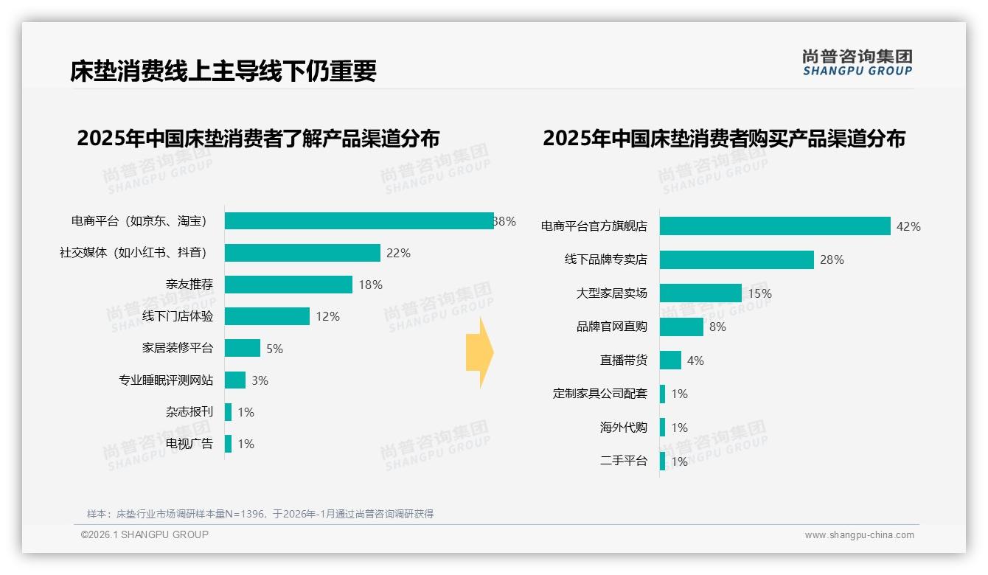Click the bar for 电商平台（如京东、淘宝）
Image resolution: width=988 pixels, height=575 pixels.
coord(359,221)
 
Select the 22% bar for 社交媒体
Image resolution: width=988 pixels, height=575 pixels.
coord(302,253)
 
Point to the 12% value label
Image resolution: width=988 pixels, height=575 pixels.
coord(327,316)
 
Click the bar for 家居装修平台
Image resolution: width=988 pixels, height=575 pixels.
coord(243,348)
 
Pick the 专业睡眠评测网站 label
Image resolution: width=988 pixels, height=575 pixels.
coord(166,380)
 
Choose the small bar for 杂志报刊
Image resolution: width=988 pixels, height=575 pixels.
coord(229,412)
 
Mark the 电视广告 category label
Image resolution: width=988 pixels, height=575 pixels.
coord(189,444)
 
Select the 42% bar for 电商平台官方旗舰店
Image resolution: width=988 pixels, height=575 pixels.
coord(775,226)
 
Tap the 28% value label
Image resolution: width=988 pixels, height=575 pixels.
coord(832,259)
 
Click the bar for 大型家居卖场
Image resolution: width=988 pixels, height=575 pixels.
coord(700,293)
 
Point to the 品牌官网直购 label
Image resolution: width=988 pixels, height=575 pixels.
coord(612,327)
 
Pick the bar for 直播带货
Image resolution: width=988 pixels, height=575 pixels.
coord(670,360)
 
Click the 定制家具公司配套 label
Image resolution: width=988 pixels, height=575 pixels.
coord(600,394)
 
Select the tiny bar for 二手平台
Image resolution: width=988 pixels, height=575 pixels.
coord(663,461)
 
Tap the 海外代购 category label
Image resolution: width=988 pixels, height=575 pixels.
coord(624,428)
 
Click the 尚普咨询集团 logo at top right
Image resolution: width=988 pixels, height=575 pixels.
coord(857,63)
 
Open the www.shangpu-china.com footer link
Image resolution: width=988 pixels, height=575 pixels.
coord(859,535)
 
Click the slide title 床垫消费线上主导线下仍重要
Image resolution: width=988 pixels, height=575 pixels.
coord(223,71)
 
